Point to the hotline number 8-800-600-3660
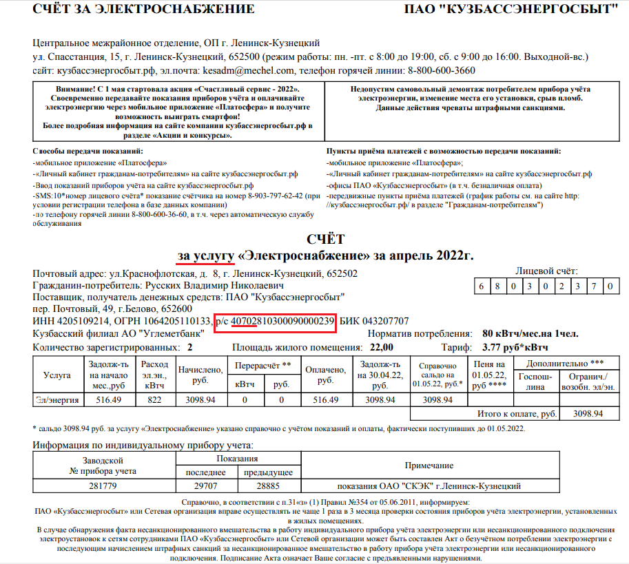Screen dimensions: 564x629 (441, 71)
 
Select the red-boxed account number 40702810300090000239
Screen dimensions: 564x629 (282, 321)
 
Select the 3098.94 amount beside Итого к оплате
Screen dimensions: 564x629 (587, 414)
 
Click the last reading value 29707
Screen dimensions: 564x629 (206, 486)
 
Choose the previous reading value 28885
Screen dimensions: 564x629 (265, 486)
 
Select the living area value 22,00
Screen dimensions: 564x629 (381, 347)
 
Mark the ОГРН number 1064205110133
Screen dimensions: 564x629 (175, 321)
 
